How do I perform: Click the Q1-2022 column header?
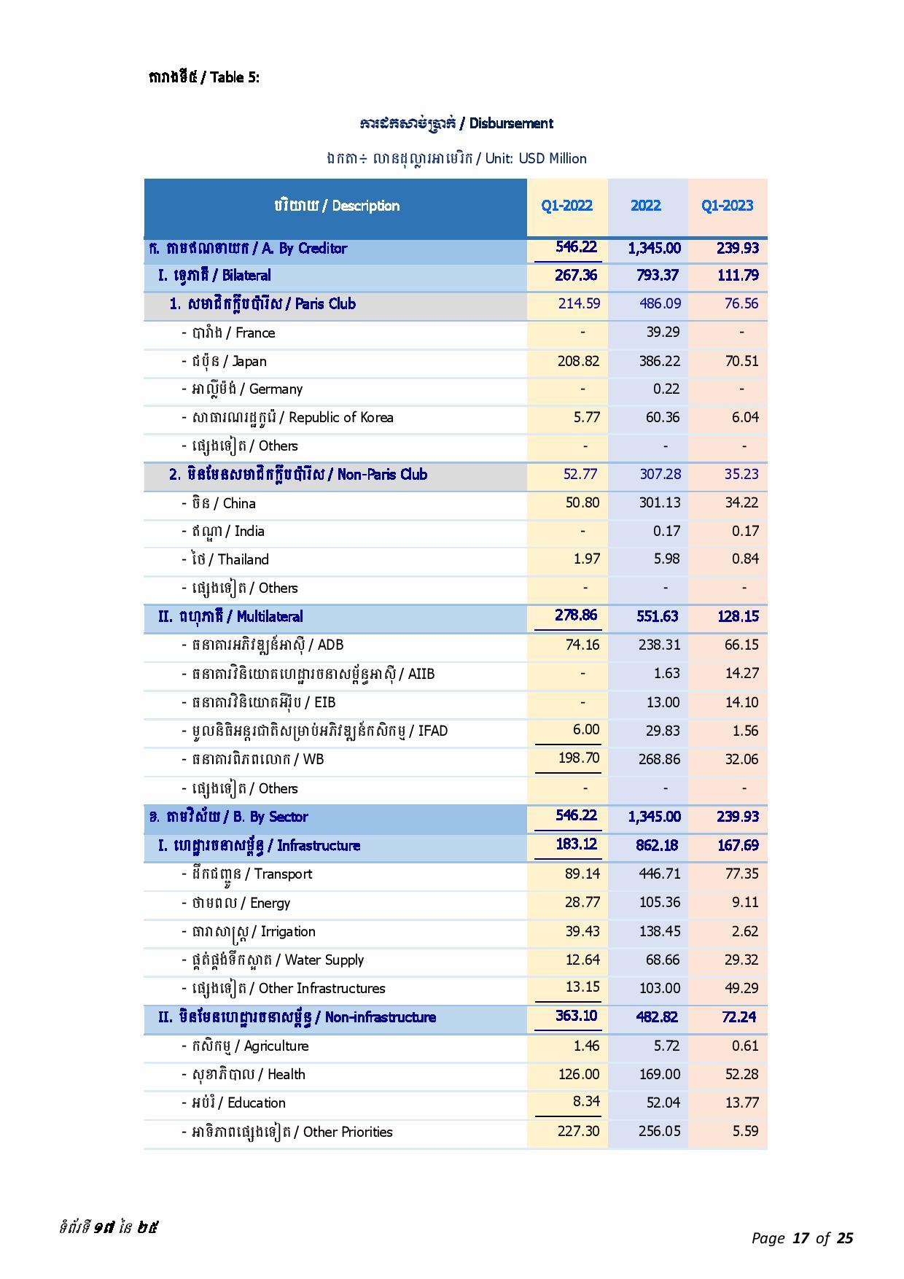click(566, 206)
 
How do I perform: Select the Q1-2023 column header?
click(727, 206)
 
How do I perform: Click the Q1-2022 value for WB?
click(579, 758)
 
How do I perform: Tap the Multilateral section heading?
click(230, 617)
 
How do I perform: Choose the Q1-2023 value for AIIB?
click(741, 673)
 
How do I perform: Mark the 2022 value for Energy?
click(660, 903)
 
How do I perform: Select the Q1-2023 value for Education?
click(741, 1103)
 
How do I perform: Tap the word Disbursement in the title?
click(510, 123)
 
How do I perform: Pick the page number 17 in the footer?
click(800, 1238)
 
